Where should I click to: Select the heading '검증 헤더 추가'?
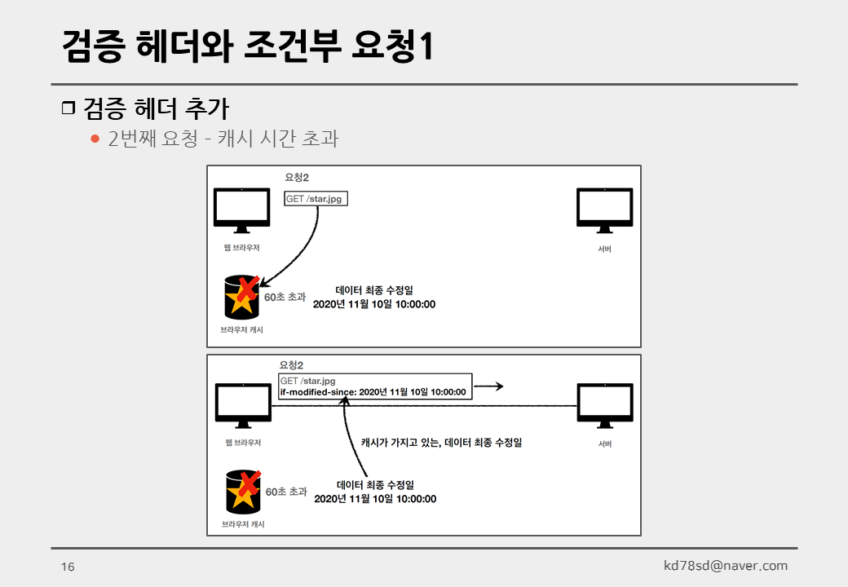click(x=156, y=108)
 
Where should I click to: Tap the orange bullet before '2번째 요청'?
click(x=95, y=139)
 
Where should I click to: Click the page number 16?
click(x=68, y=567)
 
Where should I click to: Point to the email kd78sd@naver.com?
click(x=725, y=566)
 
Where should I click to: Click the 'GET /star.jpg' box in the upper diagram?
click(x=316, y=199)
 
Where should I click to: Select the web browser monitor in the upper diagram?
click(x=241, y=210)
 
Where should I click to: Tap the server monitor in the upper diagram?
click(x=604, y=210)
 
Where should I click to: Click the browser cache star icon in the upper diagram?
click(x=242, y=297)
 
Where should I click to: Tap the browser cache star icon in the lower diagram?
click(x=243, y=492)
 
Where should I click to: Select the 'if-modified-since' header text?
click(x=317, y=392)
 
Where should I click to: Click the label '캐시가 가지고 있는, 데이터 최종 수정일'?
click(x=440, y=443)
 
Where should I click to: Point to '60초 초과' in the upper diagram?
click(x=285, y=297)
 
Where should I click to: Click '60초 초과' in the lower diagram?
click(x=286, y=492)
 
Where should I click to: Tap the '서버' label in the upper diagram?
click(x=604, y=249)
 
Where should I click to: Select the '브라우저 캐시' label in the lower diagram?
click(x=243, y=524)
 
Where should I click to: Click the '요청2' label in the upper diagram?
click(x=296, y=177)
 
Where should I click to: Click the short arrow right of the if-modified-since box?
click(x=488, y=386)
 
